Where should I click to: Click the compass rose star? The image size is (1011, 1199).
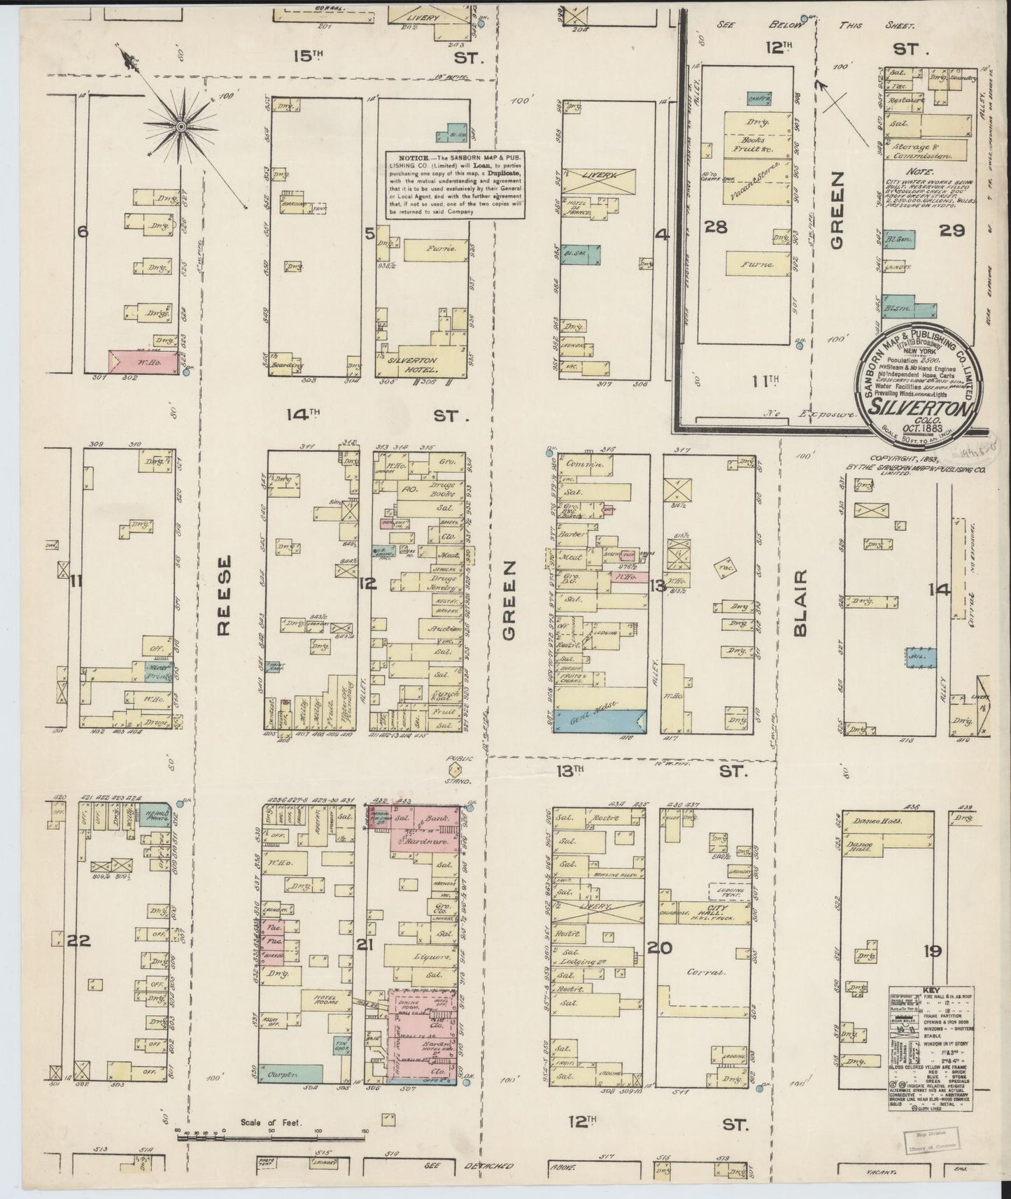(x=181, y=126)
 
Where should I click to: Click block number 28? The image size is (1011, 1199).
(x=718, y=227)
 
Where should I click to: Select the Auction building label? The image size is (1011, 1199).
(x=444, y=627)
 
